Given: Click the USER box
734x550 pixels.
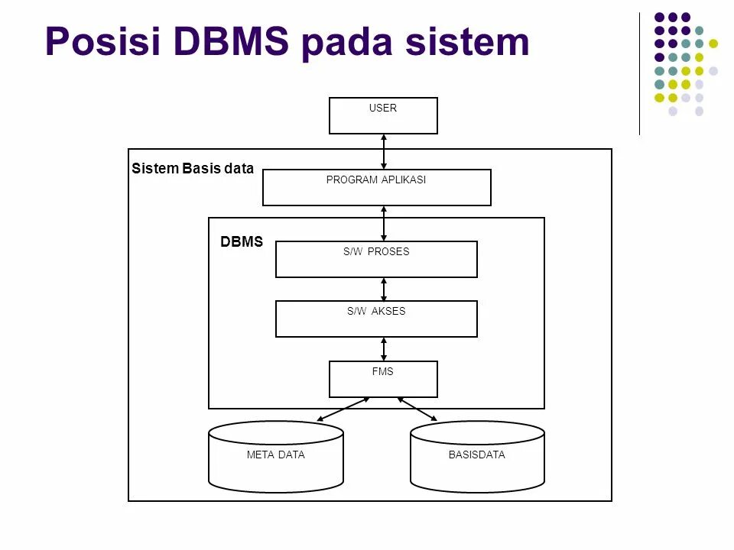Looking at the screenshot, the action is [383, 115].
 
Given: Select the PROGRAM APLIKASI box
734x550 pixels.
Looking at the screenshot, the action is [377, 188].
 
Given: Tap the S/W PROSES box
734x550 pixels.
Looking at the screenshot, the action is [376, 259].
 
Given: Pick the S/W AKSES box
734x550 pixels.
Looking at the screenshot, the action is [376, 319].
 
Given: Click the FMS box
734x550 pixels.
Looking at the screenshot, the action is [383, 379].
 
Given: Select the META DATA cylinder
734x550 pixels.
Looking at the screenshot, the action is [276, 457].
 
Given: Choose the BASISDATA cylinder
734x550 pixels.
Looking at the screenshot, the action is [477, 457].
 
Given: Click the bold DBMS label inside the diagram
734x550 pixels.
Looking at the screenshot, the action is [242, 241].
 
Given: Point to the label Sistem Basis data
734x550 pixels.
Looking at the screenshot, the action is [193, 168].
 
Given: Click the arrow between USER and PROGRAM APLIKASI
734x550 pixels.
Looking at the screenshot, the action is [384, 151].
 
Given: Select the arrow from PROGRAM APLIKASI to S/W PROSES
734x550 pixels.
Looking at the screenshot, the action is [384, 224].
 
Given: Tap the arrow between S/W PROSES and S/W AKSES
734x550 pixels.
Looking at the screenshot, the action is [384, 289].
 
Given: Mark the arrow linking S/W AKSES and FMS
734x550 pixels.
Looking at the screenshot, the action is [384, 349].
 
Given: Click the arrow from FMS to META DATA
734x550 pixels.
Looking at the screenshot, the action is [343, 409].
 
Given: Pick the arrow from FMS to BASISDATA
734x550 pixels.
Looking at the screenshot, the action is [417, 409].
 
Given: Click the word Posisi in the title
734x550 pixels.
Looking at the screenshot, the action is [103, 41].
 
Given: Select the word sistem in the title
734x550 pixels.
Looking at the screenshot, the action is [467, 41].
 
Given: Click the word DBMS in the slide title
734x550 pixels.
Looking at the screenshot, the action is [231, 41].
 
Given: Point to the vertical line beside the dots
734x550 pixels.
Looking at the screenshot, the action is [639, 74].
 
